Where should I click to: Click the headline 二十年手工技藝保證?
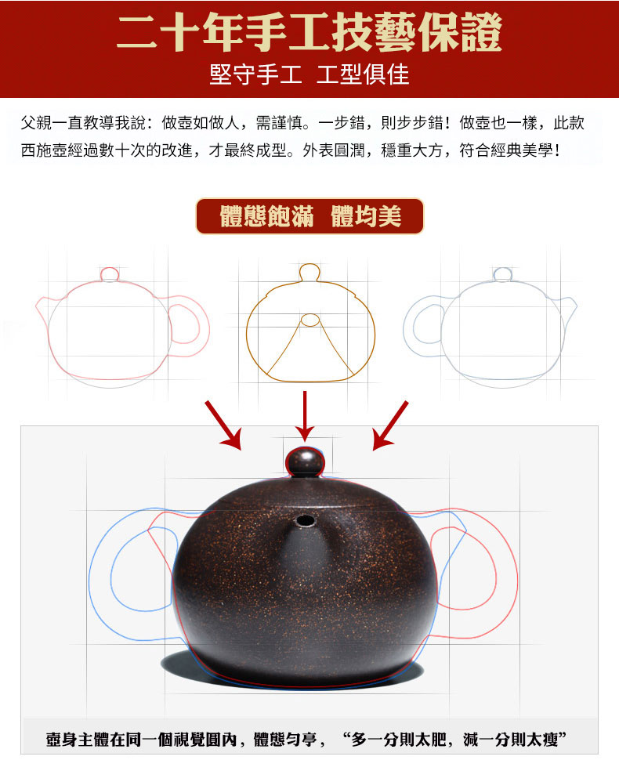click(x=309, y=33)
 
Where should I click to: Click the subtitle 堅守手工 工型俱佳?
click(x=309, y=75)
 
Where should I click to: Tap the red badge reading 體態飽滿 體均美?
click(x=309, y=216)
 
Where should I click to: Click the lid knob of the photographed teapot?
click(x=305, y=462)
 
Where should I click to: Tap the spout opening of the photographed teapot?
click(x=305, y=521)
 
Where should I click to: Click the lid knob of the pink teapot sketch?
click(x=110, y=274)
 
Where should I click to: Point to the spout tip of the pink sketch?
click(x=38, y=304)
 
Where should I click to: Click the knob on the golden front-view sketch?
click(x=309, y=273)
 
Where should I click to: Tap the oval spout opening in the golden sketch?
click(x=310, y=320)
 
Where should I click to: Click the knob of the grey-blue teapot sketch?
click(x=502, y=274)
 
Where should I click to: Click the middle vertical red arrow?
click(x=305, y=416)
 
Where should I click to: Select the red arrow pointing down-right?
click(x=223, y=425)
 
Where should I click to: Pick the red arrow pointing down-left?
click(x=390, y=425)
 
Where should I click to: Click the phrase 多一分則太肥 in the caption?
click(x=400, y=740)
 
